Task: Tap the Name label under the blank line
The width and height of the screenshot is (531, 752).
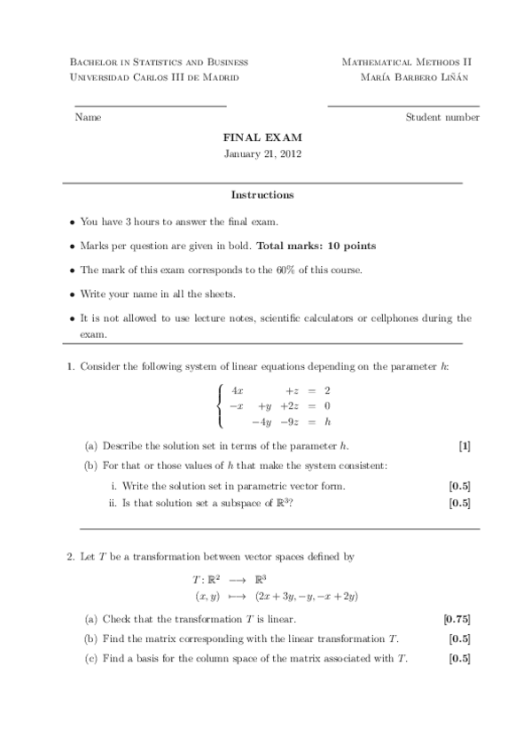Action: pos(88,117)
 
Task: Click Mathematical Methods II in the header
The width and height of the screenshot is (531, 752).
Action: pos(406,62)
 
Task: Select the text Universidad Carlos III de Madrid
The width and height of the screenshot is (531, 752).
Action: pos(152,78)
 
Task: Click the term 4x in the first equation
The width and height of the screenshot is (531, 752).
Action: pos(237,390)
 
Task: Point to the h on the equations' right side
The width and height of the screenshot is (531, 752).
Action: pos(327,422)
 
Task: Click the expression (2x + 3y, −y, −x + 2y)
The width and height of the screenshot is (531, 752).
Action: pos(304,596)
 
